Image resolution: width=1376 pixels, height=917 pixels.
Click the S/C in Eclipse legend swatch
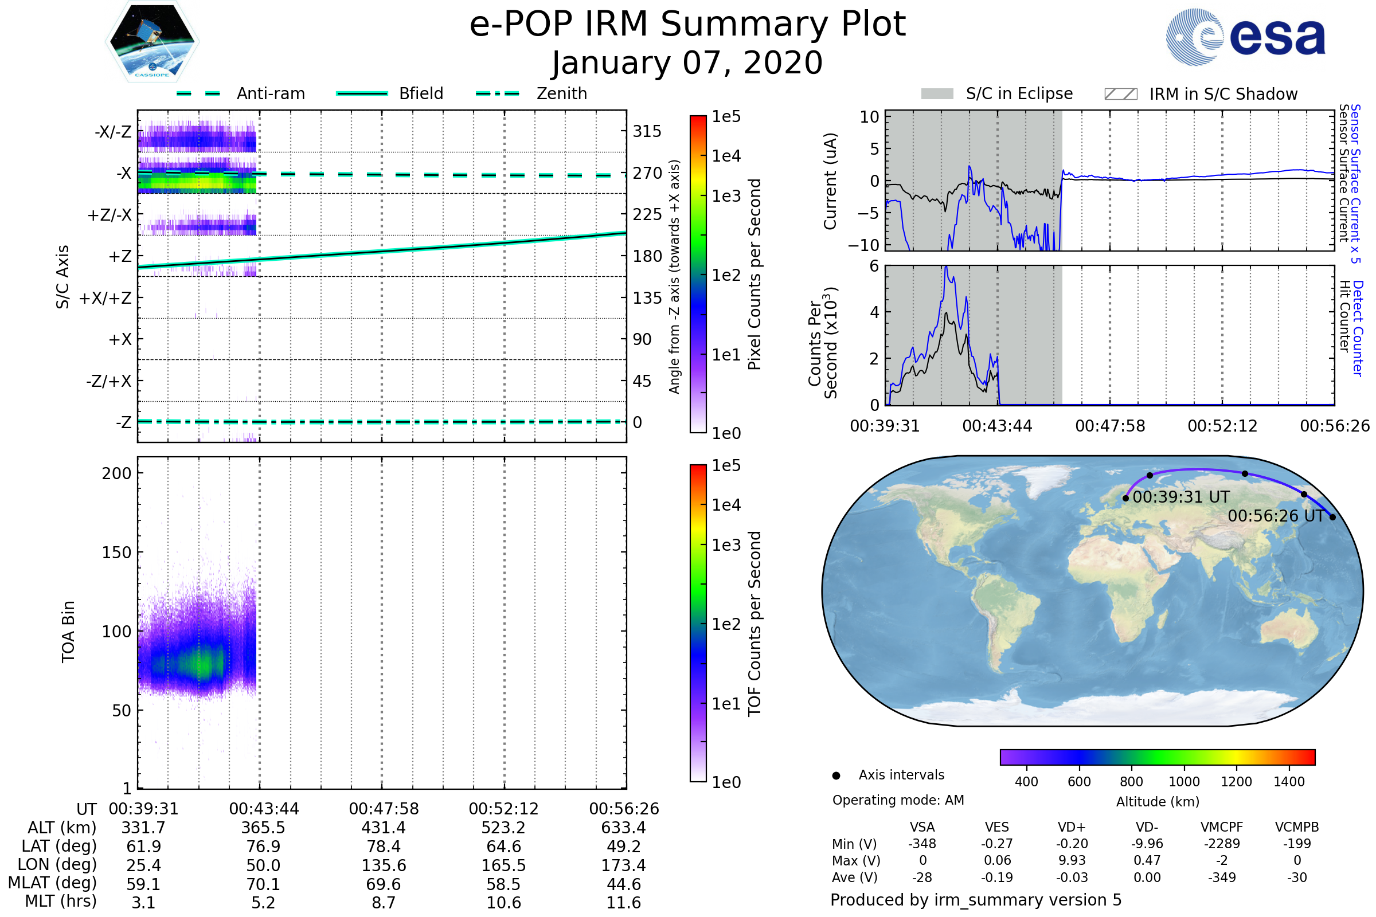click(937, 94)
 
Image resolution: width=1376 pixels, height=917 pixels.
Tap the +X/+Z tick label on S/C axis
click(105, 298)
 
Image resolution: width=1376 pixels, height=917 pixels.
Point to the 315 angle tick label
click(647, 131)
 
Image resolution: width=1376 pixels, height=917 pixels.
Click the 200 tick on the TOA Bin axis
click(116, 473)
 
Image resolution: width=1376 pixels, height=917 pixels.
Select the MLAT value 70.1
click(263, 884)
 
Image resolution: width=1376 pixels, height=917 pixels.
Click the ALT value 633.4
click(623, 828)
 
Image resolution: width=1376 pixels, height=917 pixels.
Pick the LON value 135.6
click(384, 865)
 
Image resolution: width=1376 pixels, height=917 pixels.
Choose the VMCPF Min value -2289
click(1222, 844)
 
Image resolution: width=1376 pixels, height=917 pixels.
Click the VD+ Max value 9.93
click(1072, 861)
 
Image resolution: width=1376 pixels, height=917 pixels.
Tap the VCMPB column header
click(1296, 828)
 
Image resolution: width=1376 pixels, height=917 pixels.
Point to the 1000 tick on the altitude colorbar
click(1184, 782)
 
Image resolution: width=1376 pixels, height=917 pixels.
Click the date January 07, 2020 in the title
click(687, 63)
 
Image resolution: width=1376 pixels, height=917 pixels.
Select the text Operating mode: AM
click(898, 800)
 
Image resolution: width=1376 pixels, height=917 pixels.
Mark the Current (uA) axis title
click(830, 181)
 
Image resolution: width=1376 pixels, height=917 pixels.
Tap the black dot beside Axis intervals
click(836, 775)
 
